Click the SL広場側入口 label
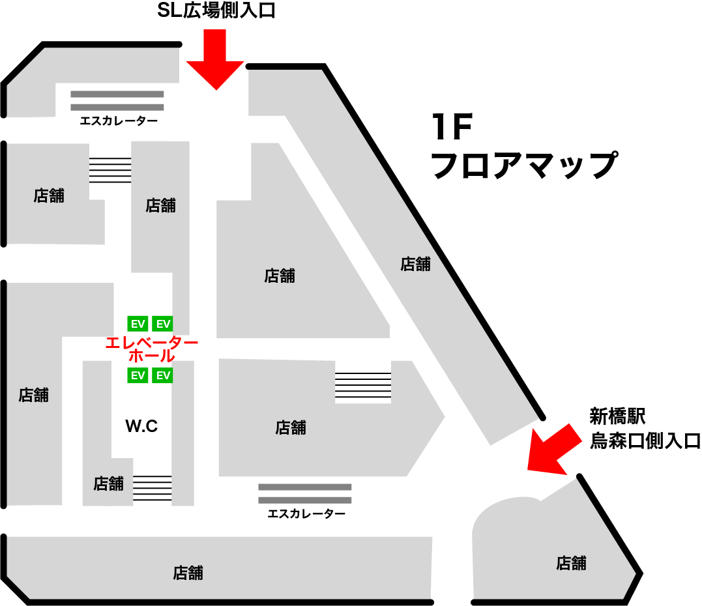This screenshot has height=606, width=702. tap(216, 12)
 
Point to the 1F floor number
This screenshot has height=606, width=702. tap(451, 128)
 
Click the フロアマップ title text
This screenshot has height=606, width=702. tap(523, 166)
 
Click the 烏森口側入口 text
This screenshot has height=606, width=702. tap(645, 441)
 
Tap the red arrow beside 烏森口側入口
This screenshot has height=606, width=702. tap(551, 449)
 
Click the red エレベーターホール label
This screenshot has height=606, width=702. tap(151, 349)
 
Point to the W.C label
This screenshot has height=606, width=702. tap(142, 426)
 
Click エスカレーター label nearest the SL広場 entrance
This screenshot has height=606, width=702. tap(118, 121)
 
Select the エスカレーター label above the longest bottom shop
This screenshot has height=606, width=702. tap(306, 514)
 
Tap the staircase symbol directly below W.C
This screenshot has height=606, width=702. tap(153, 487)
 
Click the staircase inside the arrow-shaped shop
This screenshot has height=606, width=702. tap(363, 385)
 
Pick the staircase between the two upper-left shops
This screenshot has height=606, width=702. tap(110, 170)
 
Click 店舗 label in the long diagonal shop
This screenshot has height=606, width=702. tap(415, 264)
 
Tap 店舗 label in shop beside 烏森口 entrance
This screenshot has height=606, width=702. tap(571, 563)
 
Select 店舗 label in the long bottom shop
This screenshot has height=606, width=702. tap(188, 573)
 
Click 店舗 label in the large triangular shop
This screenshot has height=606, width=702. tap(280, 276)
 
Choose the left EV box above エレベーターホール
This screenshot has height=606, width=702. tap(138, 323)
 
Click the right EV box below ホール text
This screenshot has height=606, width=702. tap(163, 375)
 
